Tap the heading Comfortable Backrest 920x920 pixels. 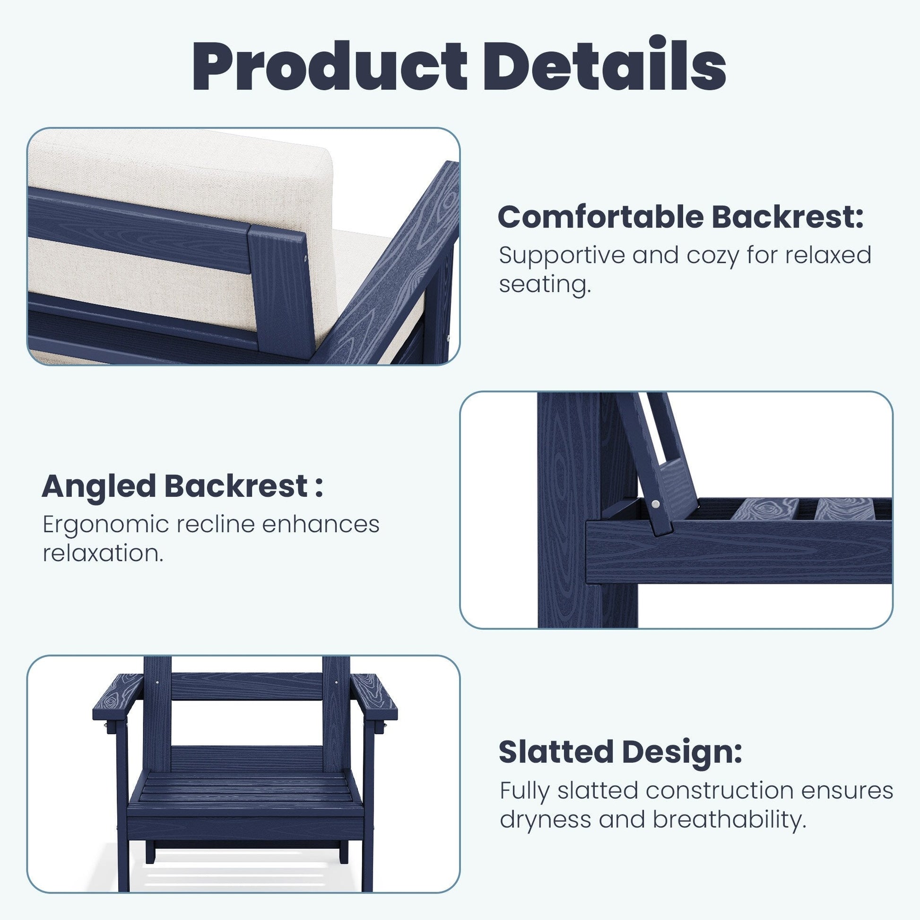(x=680, y=217)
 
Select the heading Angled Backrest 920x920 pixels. (x=182, y=486)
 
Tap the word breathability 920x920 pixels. (x=729, y=819)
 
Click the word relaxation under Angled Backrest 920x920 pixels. (x=103, y=553)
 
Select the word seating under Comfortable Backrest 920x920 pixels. (x=545, y=286)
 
